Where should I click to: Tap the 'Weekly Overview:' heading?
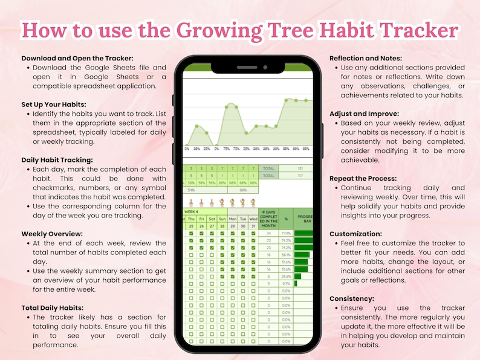pos(53,233)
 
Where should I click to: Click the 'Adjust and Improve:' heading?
pos(364,114)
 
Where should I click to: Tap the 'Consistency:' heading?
pos(352,298)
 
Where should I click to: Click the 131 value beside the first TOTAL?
pos(299,169)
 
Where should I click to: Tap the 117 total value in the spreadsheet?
pos(299,176)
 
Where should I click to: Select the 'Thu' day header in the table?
pos(192,219)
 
